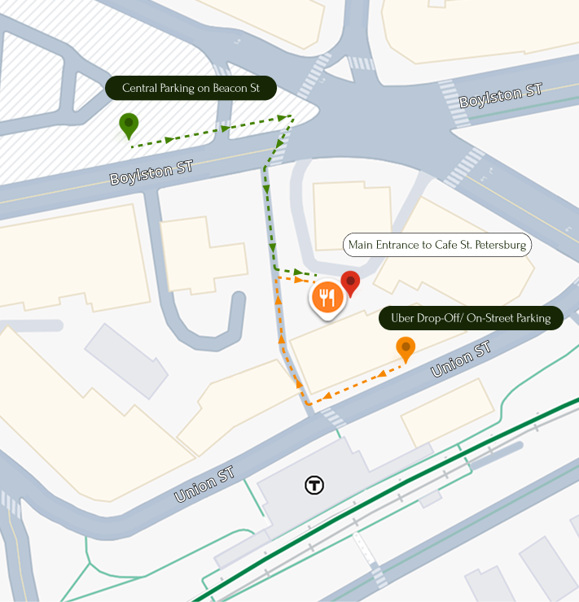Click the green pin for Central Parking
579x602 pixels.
click(129, 124)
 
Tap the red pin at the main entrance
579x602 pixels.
click(350, 282)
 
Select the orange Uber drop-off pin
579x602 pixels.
click(406, 349)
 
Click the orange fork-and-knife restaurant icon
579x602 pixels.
click(327, 298)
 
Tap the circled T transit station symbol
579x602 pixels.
click(314, 486)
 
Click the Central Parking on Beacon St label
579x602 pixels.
click(191, 88)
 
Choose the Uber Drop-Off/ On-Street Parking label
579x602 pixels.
click(471, 318)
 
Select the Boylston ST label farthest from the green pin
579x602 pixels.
click(500, 96)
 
